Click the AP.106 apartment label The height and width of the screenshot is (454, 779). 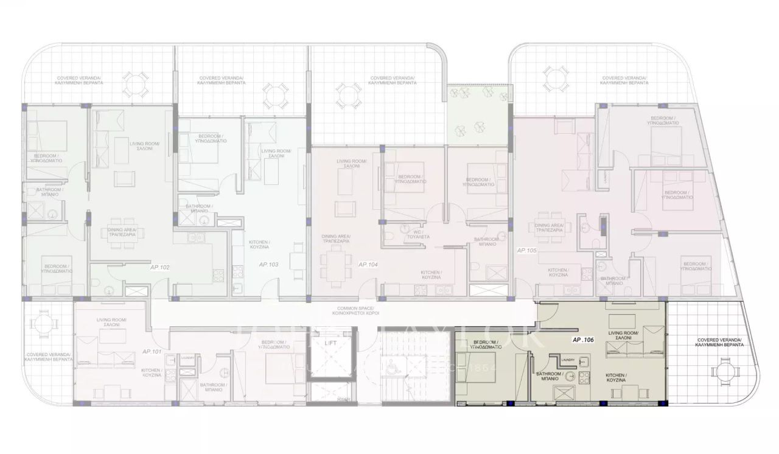583,341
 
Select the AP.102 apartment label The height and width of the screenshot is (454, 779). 159,267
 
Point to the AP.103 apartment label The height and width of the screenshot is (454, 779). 268,265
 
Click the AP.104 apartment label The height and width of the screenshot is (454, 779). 368,264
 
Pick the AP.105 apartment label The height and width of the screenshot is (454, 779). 526,250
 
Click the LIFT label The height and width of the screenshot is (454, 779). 331,344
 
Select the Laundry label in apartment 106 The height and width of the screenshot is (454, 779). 569,359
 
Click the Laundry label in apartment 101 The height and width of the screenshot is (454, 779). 187,358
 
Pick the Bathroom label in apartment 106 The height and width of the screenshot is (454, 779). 548,375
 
